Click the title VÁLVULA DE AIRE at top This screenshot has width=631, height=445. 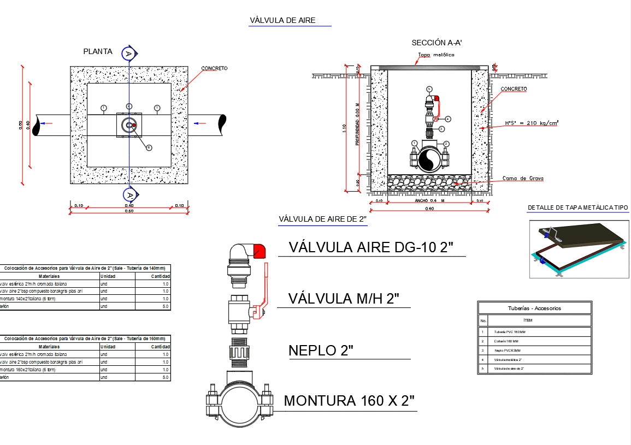282,20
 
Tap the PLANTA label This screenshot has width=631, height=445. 98,52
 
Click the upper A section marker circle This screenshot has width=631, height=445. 128,53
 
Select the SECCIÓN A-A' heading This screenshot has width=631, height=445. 437,43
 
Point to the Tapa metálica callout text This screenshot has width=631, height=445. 436,55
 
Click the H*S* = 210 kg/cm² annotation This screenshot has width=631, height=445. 532,123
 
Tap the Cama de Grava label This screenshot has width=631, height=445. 523,179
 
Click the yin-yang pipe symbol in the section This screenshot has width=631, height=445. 429,160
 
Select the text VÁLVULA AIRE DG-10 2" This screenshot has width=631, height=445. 371,247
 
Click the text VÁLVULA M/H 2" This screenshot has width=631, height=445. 344,299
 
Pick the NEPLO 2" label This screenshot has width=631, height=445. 321,351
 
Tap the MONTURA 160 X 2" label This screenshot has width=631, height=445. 350,401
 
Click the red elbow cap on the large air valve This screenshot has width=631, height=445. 259,251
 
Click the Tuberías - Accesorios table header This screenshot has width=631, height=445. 534,308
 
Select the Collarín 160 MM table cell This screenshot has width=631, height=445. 506,341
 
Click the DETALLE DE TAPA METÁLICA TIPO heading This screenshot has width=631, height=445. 577,207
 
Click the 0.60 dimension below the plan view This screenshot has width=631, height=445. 129,211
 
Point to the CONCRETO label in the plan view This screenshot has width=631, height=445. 214,68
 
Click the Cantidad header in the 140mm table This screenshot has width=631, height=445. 160,276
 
